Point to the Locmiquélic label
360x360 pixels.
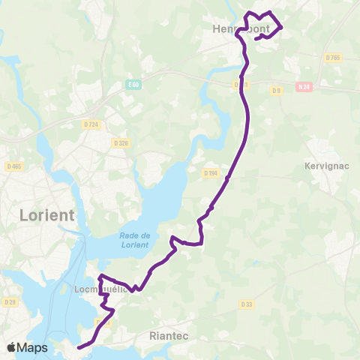95,288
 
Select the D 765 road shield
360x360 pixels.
334,58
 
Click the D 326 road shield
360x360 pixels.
121,142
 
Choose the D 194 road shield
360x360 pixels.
211,172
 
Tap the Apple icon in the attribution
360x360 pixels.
12,347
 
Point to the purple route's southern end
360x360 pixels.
77,346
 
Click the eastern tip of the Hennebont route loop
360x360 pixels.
282,27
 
